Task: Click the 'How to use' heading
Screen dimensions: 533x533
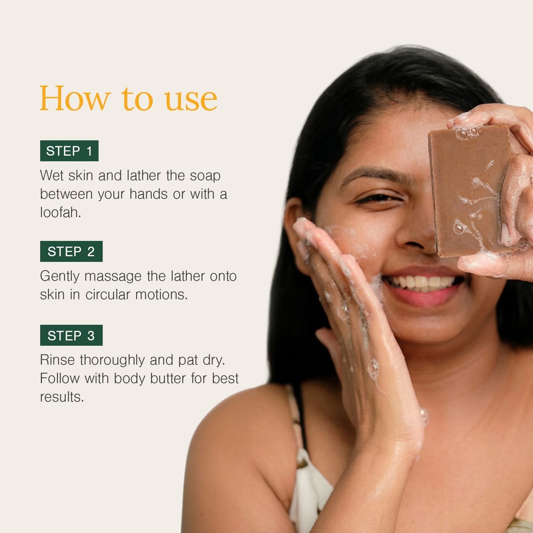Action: tap(128, 98)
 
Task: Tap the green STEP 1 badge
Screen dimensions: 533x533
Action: tap(69, 151)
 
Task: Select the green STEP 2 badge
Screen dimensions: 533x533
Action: tap(71, 252)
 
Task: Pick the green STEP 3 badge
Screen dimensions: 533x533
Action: tap(71, 335)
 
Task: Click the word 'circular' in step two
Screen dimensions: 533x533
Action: tap(108, 294)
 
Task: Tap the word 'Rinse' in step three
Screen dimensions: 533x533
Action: tap(57, 360)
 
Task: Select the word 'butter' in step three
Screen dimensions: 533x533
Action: tap(168, 378)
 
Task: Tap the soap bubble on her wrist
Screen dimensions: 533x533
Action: tap(424, 416)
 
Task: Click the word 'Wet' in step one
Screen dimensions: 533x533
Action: tap(52, 175)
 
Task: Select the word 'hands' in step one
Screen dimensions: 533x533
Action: tap(149, 194)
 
